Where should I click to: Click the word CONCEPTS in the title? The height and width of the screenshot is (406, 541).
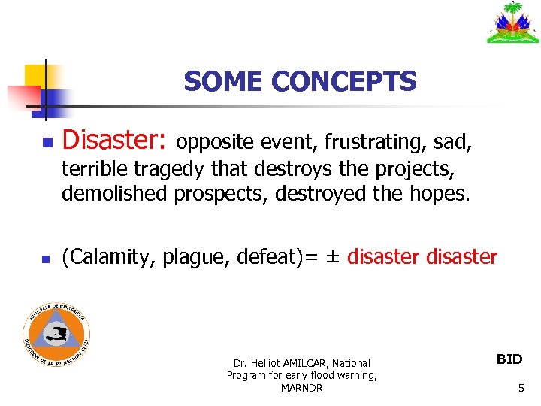pos(344,81)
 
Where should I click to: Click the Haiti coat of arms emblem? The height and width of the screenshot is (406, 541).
pos(513,23)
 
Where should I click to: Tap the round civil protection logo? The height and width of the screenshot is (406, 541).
pos(56,335)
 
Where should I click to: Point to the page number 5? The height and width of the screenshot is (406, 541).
pos(520,388)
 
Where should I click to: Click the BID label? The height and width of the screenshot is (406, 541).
pos(509,359)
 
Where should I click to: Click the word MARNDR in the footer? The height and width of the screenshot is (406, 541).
pos(301,388)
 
